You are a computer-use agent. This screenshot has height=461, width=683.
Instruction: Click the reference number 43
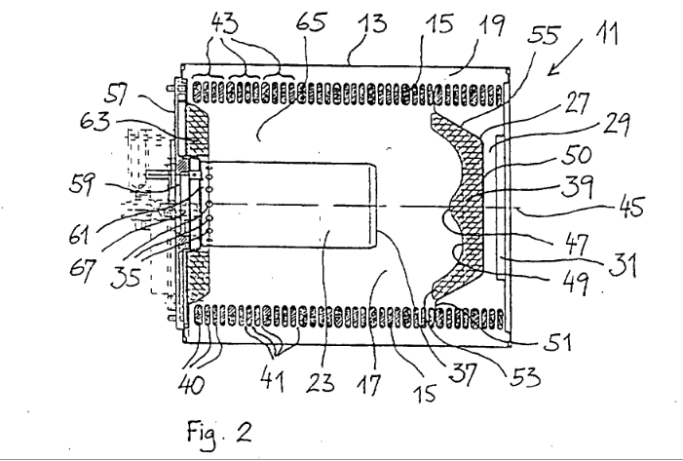(225, 22)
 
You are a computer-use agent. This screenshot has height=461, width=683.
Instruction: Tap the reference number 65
(311, 21)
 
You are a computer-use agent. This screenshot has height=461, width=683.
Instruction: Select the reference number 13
(372, 22)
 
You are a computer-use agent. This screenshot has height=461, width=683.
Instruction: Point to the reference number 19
(491, 25)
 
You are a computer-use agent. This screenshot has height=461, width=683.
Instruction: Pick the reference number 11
(607, 33)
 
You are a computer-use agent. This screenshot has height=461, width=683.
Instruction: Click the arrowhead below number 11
(551, 71)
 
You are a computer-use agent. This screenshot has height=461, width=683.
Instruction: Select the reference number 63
(95, 120)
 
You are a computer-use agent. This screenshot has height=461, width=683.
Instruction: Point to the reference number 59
(82, 184)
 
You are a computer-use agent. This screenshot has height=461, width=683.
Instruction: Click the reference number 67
(82, 270)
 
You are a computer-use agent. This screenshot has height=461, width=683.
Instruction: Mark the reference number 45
(631, 206)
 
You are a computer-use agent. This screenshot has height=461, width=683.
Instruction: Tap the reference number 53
(526, 375)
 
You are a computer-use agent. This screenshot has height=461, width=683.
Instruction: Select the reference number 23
(321, 382)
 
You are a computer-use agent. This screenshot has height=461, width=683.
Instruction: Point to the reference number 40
(191, 384)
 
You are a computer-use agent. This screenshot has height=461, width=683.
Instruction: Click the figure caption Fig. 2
(219, 432)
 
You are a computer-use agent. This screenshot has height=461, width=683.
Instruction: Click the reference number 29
(617, 125)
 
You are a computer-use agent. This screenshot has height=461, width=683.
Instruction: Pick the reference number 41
(273, 381)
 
